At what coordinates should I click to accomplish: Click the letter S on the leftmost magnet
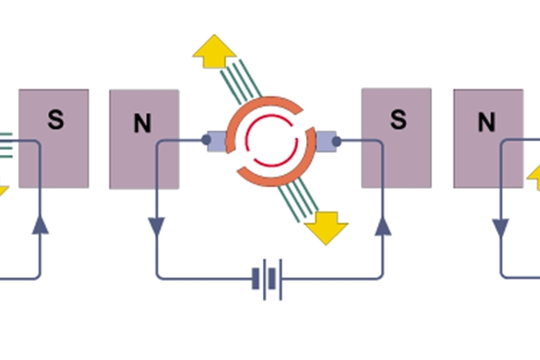(53, 118)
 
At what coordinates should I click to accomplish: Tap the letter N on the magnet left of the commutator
(142, 124)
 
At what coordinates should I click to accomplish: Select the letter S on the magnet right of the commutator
(397, 119)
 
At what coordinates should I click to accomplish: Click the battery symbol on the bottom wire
(268, 278)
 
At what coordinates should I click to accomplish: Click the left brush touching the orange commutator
(219, 141)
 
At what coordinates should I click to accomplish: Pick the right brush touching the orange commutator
(325, 141)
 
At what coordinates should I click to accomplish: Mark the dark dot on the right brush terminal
(337, 141)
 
